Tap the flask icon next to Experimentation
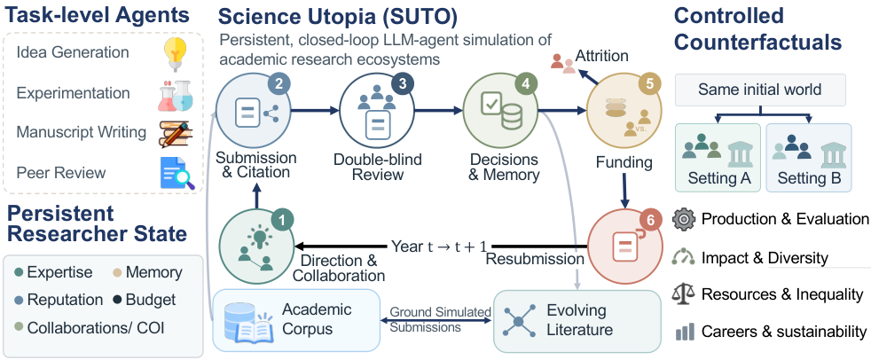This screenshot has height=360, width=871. [176, 95]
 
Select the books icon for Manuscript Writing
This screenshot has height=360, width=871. [176, 133]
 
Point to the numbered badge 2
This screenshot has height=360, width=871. [279, 84]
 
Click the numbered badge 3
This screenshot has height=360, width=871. [402, 84]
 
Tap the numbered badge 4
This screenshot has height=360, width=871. [524, 84]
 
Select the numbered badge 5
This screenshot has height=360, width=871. [647, 84]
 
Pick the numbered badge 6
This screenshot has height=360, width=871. [650, 220]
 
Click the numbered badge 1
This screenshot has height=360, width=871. [282, 221]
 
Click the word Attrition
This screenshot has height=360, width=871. [601, 56]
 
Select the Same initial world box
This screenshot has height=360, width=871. [760, 90]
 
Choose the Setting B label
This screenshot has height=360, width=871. [809, 178]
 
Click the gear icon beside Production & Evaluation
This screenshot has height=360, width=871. [683, 219]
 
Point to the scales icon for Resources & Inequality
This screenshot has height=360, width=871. [683, 293]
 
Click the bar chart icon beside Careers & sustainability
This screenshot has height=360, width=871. [685, 332]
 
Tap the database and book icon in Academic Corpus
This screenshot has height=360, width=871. [247, 322]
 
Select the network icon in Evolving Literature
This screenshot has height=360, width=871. [519, 321]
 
